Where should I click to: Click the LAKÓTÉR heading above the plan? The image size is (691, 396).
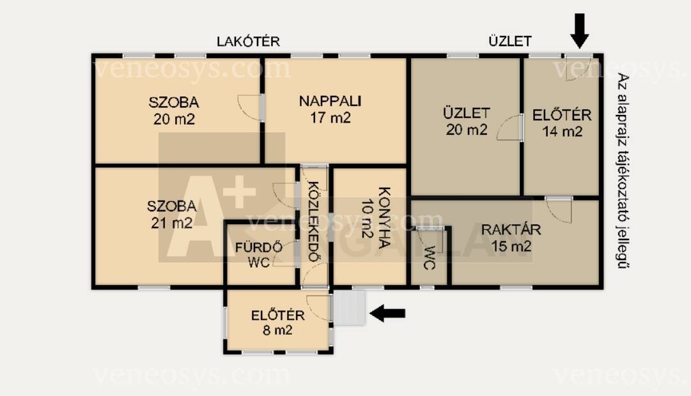(x=248, y=42)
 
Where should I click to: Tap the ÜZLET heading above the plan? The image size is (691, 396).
(x=510, y=42)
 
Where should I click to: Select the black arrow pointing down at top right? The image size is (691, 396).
(x=580, y=31)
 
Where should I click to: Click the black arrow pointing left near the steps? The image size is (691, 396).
(x=387, y=314)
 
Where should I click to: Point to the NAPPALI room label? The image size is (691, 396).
(x=330, y=102)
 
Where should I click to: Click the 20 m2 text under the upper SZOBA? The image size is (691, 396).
(x=174, y=119)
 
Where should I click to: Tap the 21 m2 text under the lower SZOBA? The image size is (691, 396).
(x=172, y=223)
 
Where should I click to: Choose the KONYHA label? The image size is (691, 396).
(x=385, y=218)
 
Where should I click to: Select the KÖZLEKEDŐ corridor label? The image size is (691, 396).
(x=313, y=222)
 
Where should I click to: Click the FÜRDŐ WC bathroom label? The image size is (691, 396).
(x=259, y=255)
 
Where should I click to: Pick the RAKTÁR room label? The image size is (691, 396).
(x=511, y=229)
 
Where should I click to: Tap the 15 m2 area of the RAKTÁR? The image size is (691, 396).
(x=511, y=247)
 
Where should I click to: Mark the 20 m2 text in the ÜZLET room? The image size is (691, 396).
(x=467, y=130)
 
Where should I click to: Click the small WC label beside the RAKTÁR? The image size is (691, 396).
(x=429, y=257)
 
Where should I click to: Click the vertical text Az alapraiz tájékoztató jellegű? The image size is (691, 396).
(x=623, y=171)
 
